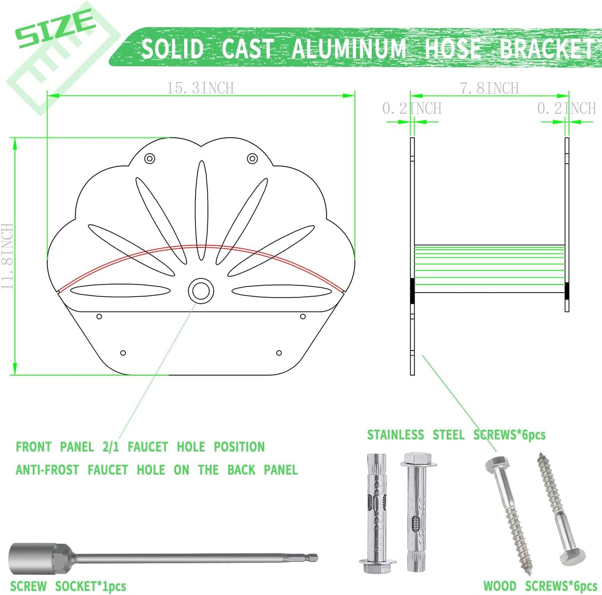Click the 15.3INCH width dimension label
200,88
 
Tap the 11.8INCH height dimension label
7,256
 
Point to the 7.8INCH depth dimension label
489,88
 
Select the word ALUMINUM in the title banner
349,48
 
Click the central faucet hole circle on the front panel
201,291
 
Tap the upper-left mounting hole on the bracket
150,159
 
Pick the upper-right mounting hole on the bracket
252,159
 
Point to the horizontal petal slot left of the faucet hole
120,291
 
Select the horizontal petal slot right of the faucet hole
282,291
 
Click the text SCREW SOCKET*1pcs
68,586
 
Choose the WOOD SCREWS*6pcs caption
540,586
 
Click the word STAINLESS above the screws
395,435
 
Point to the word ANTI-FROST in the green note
47,470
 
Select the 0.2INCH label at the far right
567,108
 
